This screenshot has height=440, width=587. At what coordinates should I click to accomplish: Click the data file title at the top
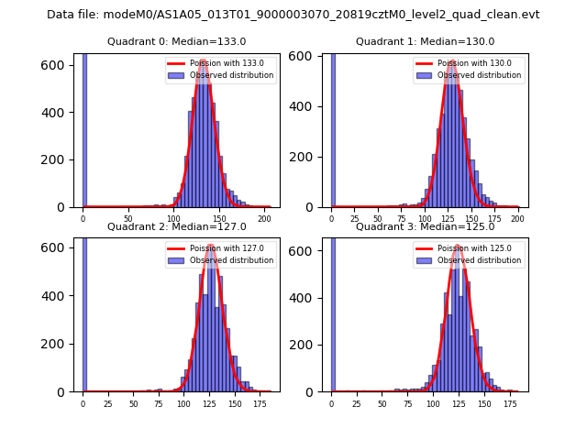293,15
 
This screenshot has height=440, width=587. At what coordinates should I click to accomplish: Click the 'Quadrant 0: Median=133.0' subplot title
177,41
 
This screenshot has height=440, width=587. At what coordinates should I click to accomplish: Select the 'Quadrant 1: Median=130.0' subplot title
425,41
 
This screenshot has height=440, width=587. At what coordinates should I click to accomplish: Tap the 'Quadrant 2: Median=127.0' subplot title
177,226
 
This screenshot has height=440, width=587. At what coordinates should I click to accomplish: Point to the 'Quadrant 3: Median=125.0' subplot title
425,226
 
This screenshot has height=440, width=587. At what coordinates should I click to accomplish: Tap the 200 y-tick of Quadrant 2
56,344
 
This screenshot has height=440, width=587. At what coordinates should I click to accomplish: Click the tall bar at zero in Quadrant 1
333,128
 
